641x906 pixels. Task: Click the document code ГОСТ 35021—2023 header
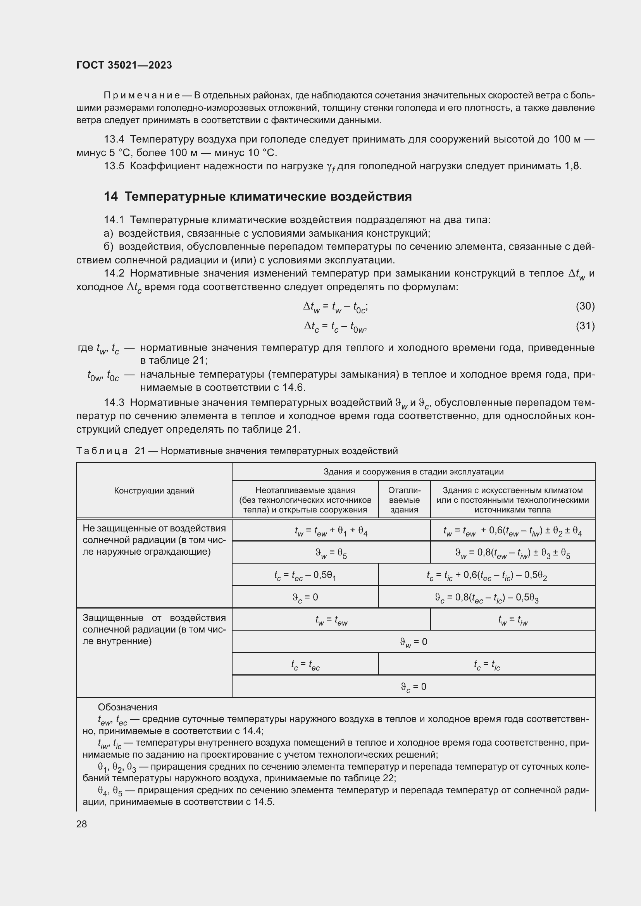click(x=124, y=65)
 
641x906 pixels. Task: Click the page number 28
click(x=82, y=824)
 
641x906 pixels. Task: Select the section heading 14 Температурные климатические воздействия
click(x=257, y=196)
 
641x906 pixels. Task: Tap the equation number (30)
click(x=585, y=306)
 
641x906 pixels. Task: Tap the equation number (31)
click(x=585, y=326)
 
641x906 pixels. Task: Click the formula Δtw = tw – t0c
click(x=336, y=307)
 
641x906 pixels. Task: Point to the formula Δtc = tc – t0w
click(x=336, y=327)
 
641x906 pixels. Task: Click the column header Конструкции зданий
click(x=154, y=490)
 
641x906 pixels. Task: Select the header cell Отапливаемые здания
click(x=404, y=500)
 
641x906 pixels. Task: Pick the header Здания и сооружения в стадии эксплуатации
click(x=413, y=471)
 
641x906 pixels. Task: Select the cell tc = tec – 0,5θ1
click(x=305, y=576)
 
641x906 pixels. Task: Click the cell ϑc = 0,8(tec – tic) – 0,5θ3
click(x=487, y=598)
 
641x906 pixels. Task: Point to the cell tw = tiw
click(x=512, y=621)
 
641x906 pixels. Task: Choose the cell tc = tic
click(x=487, y=665)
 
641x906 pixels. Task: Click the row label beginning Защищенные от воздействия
click(x=154, y=629)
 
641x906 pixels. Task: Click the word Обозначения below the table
click(x=128, y=707)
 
